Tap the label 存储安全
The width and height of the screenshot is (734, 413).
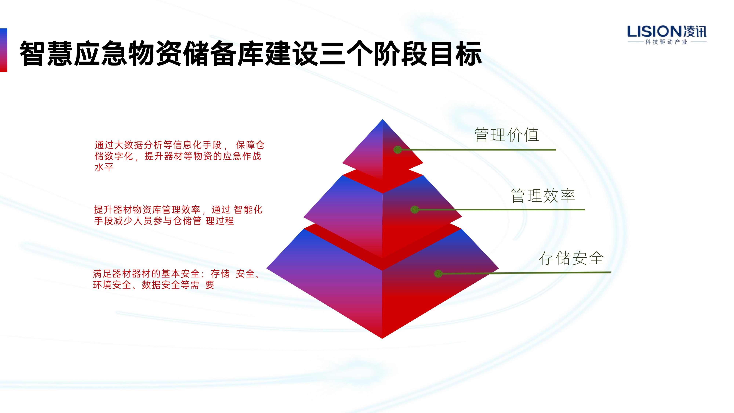coord(571,258)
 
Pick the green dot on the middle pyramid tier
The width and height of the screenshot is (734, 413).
coord(415,209)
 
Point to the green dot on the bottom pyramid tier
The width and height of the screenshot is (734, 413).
coord(438,274)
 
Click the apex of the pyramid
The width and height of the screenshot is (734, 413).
coord(382,119)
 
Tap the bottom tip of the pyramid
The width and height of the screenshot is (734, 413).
coord(382,338)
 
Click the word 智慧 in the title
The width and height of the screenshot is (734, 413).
coord(46,54)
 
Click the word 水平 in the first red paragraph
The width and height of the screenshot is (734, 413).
coord(104,167)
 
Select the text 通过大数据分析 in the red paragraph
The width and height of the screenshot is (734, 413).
coord(128,145)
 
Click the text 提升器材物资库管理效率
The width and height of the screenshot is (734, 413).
coord(147,210)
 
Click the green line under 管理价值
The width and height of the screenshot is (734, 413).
coord(477,150)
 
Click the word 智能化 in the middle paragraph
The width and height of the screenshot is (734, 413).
coord(248,210)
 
